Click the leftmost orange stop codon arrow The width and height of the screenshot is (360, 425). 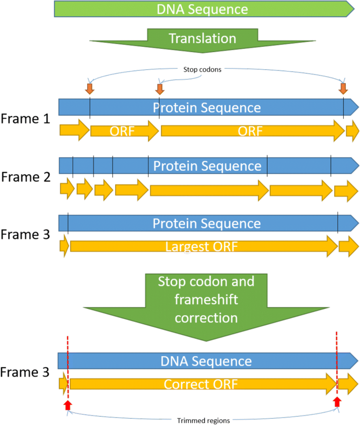(x=89, y=88)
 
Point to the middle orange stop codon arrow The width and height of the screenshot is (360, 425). (x=159, y=88)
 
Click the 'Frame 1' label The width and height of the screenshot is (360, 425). (x=26, y=119)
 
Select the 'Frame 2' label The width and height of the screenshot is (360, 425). (x=26, y=177)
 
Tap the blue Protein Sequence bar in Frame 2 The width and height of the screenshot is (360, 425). (x=207, y=166)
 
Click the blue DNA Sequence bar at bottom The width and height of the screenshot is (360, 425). (x=207, y=361)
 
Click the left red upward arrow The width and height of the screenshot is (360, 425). (x=67, y=403)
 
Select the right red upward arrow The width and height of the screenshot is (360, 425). (x=337, y=402)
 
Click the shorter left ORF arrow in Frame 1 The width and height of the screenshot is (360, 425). (x=124, y=131)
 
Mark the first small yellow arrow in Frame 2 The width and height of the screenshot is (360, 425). (x=67, y=189)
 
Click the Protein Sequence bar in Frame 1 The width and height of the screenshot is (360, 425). (x=207, y=107)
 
